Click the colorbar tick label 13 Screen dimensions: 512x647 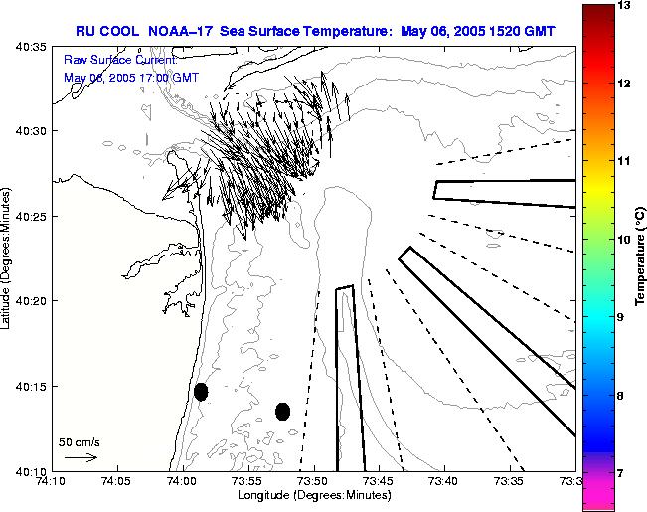pos(624,6)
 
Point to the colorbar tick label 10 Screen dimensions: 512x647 pos(624,240)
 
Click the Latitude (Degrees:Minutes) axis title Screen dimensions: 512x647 pos(8,257)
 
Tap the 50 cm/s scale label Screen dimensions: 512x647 pos(80,441)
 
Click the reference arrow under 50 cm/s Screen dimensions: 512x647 pos(80,457)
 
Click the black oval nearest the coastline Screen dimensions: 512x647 pos(201,392)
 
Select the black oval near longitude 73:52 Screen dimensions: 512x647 pos(282,411)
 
